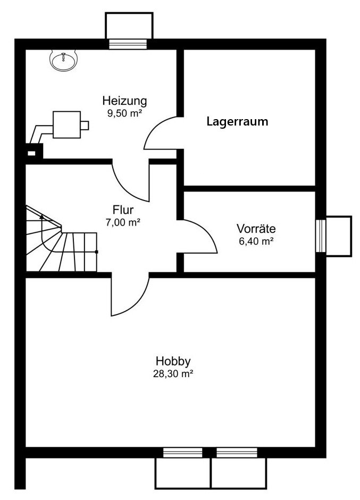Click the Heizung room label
tap(124, 101)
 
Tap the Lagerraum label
tap(237, 121)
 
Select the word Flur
tap(123, 210)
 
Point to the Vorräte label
tap(256, 229)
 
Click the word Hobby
tap(173, 361)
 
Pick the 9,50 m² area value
tap(124, 113)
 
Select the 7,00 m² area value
tap(123, 222)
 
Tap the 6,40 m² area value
tap(256, 241)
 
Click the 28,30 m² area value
tap(173, 374)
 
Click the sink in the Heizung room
tap(64, 60)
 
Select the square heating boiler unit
tap(66, 124)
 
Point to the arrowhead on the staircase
tap(41, 216)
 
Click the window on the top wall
tap(128, 44)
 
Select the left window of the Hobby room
tap(183, 453)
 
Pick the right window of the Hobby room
tap(237, 453)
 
